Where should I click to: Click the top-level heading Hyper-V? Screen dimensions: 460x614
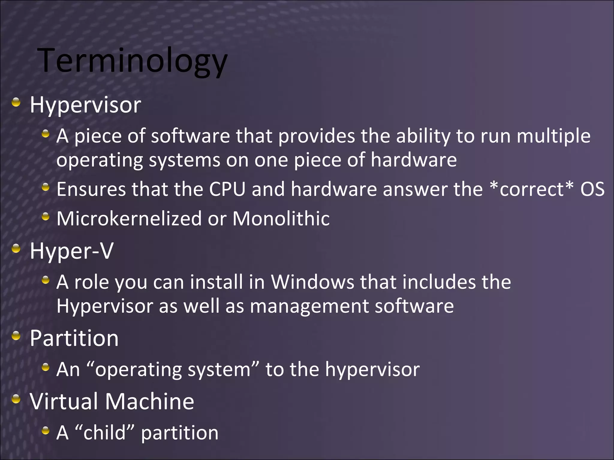pyautogui.click(x=71, y=251)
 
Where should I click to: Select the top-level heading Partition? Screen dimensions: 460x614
pyautogui.click(x=74, y=338)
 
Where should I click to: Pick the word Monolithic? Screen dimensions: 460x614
pyautogui.click(x=281, y=218)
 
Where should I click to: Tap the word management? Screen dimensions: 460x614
pyautogui.click(x=309, y=306)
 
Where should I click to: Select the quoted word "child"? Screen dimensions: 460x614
pyautogui.click(x=105, y=432)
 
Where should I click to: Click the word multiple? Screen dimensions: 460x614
pyautogui.click(x=553, y=136)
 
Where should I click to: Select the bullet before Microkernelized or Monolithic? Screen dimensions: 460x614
pyautogui.click(x=46, y=217)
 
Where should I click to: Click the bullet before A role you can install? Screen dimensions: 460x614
pyautogui.click(x=46, y=280)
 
